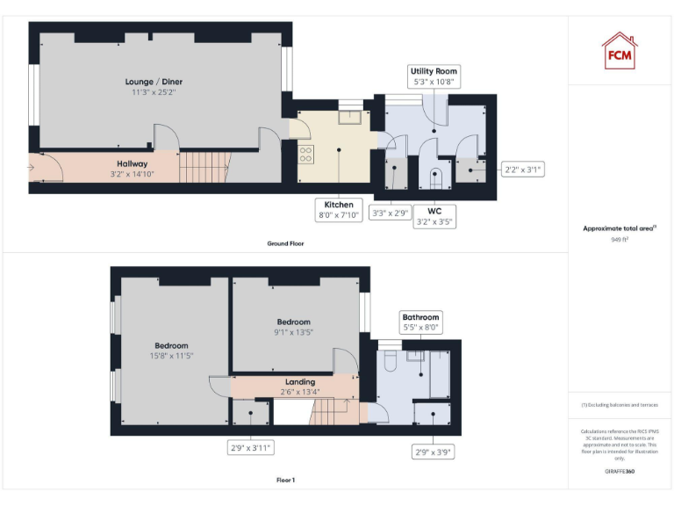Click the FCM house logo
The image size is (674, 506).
619,50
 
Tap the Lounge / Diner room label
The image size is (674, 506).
154,86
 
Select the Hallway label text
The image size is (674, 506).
133,168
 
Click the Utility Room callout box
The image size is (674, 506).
434,76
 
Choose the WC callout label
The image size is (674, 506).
434,216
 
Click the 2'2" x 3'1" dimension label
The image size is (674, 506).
521,170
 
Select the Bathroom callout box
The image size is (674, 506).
420,322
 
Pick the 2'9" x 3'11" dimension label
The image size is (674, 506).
251,448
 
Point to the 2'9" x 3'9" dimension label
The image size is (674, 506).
433,452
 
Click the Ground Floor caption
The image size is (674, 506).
285,243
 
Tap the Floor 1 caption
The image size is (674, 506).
285,481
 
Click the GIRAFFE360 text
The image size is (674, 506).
620,472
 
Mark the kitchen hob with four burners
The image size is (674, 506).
306,155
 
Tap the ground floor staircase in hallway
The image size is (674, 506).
204,166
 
